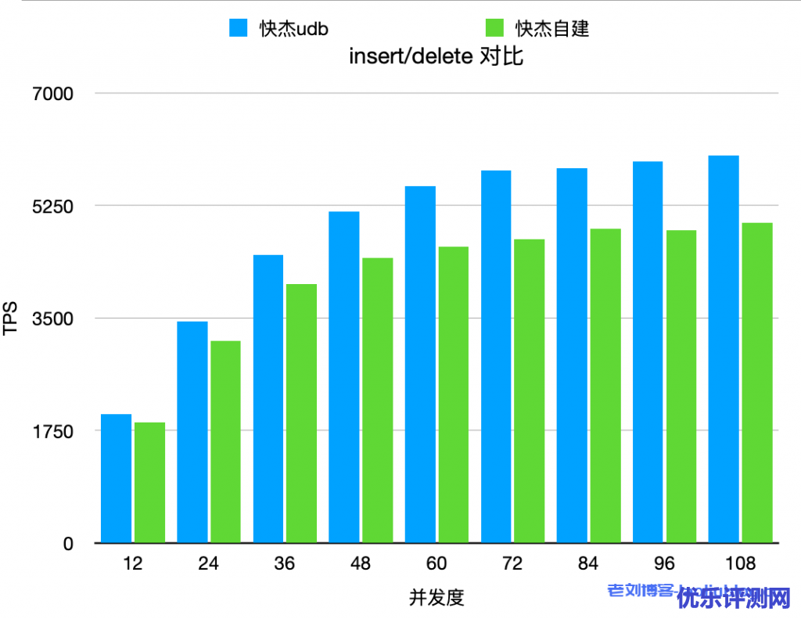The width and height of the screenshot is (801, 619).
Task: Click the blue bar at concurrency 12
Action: click(116, 478)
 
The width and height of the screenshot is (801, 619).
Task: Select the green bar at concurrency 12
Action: click(149, 482)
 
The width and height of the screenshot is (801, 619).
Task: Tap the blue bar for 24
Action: click(192, 432)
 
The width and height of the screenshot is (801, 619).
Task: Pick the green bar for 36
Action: click(301, 413)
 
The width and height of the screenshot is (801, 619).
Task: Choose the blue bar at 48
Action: click(344, 377)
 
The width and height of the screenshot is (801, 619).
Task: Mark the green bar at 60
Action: click(453, 394)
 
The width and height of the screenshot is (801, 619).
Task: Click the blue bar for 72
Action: click(496, 356)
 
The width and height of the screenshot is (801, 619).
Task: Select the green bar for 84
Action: click(605, 386)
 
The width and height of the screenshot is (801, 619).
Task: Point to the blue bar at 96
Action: click(648, 352)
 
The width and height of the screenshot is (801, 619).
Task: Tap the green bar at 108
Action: click(757, 383)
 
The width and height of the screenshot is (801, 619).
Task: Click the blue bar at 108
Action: click(724, 349)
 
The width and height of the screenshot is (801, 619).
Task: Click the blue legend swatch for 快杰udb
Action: click(238, 28)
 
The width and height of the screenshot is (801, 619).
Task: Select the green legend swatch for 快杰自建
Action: click(494, 28)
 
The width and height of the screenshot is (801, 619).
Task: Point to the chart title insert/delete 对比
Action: click(435, 56)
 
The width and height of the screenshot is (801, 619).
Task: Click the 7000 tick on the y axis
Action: click(52, 94)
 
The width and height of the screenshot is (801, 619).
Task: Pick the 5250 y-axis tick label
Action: click(52, 206)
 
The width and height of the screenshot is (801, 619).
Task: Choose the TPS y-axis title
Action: click(10, 318)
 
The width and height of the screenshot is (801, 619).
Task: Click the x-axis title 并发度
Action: click(436, 597)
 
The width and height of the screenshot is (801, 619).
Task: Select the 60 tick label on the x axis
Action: click(436, 563)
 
